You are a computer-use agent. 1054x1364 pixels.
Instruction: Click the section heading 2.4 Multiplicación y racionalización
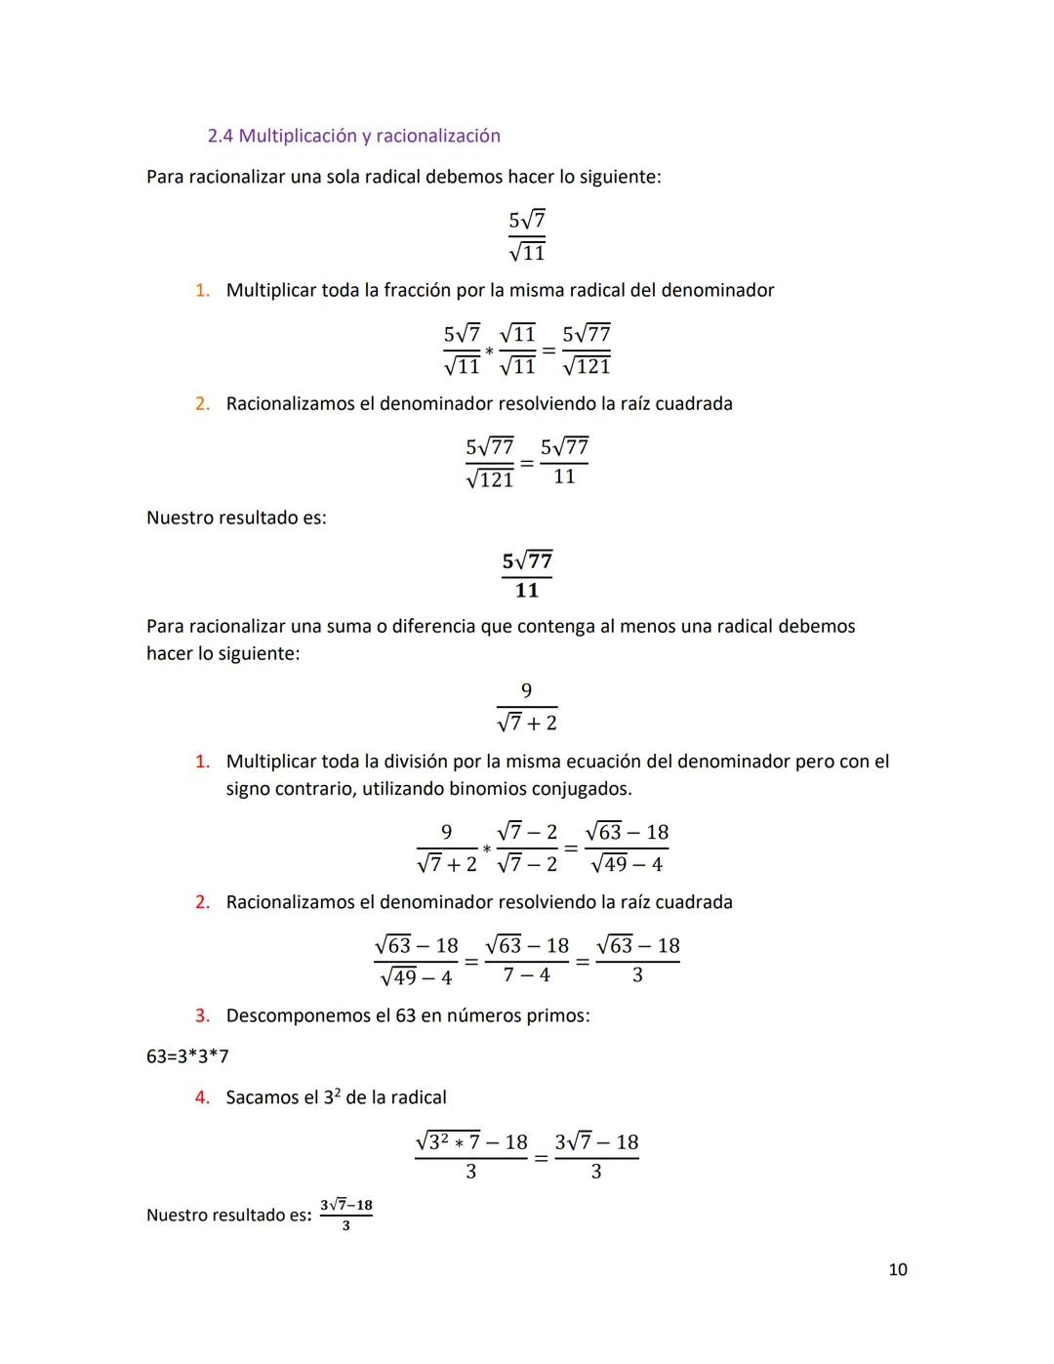tap(353, 136)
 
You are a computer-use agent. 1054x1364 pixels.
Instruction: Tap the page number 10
tap(898, 1269)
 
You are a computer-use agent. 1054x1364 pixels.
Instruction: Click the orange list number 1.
tap(202, 290)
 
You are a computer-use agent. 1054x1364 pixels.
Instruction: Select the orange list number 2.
tap(202, 403)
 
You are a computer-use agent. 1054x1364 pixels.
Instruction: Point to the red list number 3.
tap(202, 1015)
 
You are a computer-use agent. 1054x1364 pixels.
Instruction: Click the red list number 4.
tap(202, 1097)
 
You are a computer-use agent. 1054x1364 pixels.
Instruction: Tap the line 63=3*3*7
tap(187, 1056)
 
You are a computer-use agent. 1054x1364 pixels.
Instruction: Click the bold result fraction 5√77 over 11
tap(527, 575)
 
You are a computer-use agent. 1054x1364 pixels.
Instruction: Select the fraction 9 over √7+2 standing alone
tap(527, 707)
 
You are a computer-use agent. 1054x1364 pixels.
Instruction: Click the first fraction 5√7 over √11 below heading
tap(527, 236)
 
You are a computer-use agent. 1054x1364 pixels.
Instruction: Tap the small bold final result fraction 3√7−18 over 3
tap(346, 1215)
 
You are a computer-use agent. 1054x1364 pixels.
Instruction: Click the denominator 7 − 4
tap(526, 975)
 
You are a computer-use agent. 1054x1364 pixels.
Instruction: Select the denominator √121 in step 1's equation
tap(587, 367)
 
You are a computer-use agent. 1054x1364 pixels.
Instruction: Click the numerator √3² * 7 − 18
tap(471, 1141)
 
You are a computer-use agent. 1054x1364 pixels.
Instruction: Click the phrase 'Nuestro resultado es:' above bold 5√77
tap(236, 517)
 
